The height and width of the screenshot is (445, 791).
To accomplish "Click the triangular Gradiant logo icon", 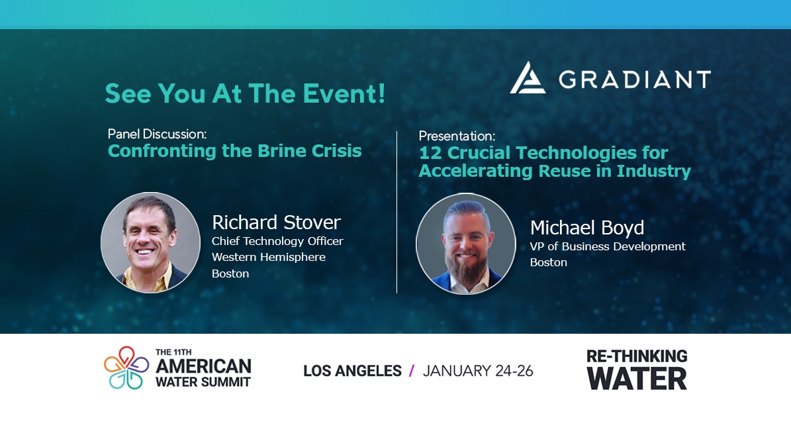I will click(528, 78).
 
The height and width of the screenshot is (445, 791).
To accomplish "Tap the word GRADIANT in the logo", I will click(634, 79).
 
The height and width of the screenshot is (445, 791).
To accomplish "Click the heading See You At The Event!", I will click(245, 94).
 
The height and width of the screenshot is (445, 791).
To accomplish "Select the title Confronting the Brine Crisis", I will click(234, 151).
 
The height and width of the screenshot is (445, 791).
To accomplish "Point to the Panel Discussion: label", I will click(157, 134).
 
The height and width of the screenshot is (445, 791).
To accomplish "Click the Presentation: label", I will click(457, 136).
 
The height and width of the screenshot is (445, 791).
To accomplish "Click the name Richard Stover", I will click(276, 222).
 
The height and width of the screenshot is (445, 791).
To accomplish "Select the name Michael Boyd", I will click(586, 228).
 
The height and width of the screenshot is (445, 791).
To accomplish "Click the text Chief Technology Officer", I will click(277, 241).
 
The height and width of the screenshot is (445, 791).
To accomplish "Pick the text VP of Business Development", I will click(607, 246).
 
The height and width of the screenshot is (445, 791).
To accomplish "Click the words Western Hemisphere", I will click(268, 257).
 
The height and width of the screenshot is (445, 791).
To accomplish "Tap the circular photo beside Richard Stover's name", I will click(150, 242).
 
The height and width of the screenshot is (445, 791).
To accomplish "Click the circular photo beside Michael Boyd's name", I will click(465, 244).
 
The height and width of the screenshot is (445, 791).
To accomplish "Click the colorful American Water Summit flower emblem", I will click(126, 368).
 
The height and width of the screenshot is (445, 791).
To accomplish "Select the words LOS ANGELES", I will click(352, 371).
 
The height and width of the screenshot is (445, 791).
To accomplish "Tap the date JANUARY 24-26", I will click(477, 371).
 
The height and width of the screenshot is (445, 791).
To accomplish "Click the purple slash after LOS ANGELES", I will click(412, 371).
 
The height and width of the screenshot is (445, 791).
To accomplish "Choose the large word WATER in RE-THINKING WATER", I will click(637, 379).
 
